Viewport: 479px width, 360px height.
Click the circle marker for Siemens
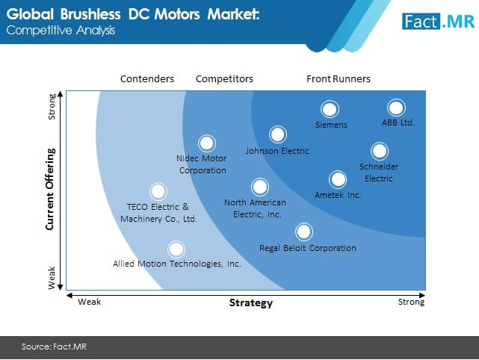[330, 109]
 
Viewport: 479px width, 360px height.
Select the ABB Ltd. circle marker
[396, 108]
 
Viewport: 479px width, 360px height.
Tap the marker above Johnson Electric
[278, 134]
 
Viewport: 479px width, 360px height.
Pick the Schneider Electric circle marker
[380, 151]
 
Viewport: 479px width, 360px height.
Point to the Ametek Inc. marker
[338, 179]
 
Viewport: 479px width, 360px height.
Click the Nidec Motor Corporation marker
[207, 143]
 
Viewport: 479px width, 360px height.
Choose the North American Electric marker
[260, 187]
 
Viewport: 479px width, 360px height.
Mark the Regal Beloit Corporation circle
[304, 232]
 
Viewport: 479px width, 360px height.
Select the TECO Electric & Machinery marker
[158, 191]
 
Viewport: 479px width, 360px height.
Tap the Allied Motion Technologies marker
[176, 249]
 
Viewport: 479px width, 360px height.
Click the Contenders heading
[147, 78]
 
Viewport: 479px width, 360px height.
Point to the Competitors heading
[224, 78]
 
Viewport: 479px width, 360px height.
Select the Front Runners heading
[339, 78]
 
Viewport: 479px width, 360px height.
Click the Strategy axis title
[251, 302]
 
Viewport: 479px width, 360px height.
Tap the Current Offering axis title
[50, 189]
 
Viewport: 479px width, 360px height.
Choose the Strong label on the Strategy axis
[411, 302]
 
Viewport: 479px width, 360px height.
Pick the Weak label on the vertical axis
[52, 278]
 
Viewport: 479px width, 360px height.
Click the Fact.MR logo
[439, 22]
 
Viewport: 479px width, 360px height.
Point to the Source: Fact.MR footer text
[54, 347]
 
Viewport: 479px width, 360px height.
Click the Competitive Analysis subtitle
[61, 30]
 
